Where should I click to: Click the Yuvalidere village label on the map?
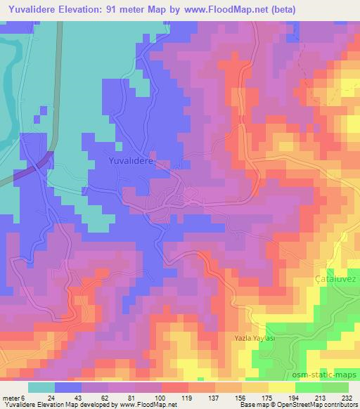[x=132, y=161]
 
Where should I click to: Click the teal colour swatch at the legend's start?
[x=41, y=387]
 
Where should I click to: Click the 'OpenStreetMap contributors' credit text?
[x=321, y=405]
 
